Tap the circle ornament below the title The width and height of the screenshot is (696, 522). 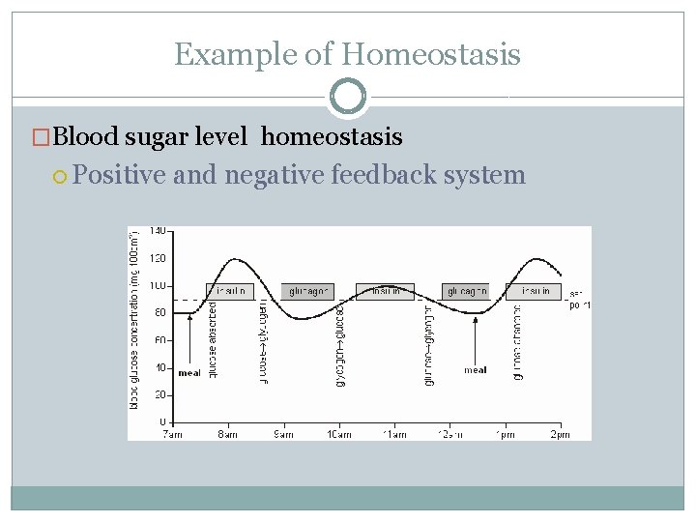348,97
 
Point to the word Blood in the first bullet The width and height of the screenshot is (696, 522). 89,137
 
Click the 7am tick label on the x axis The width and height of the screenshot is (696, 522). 172,434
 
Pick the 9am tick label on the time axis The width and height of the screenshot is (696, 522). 283,434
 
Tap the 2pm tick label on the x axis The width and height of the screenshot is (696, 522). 559,434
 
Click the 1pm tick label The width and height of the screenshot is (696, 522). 504,434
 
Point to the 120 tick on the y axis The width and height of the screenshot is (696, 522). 157,259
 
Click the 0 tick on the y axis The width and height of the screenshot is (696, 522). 161,422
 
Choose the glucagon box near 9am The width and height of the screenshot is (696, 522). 308,291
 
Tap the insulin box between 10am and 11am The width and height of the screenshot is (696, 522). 385,291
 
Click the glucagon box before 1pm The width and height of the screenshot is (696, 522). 466,291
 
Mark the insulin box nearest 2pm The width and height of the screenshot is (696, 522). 534,291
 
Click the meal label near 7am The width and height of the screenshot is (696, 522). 189,373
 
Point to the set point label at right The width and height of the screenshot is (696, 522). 579,300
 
